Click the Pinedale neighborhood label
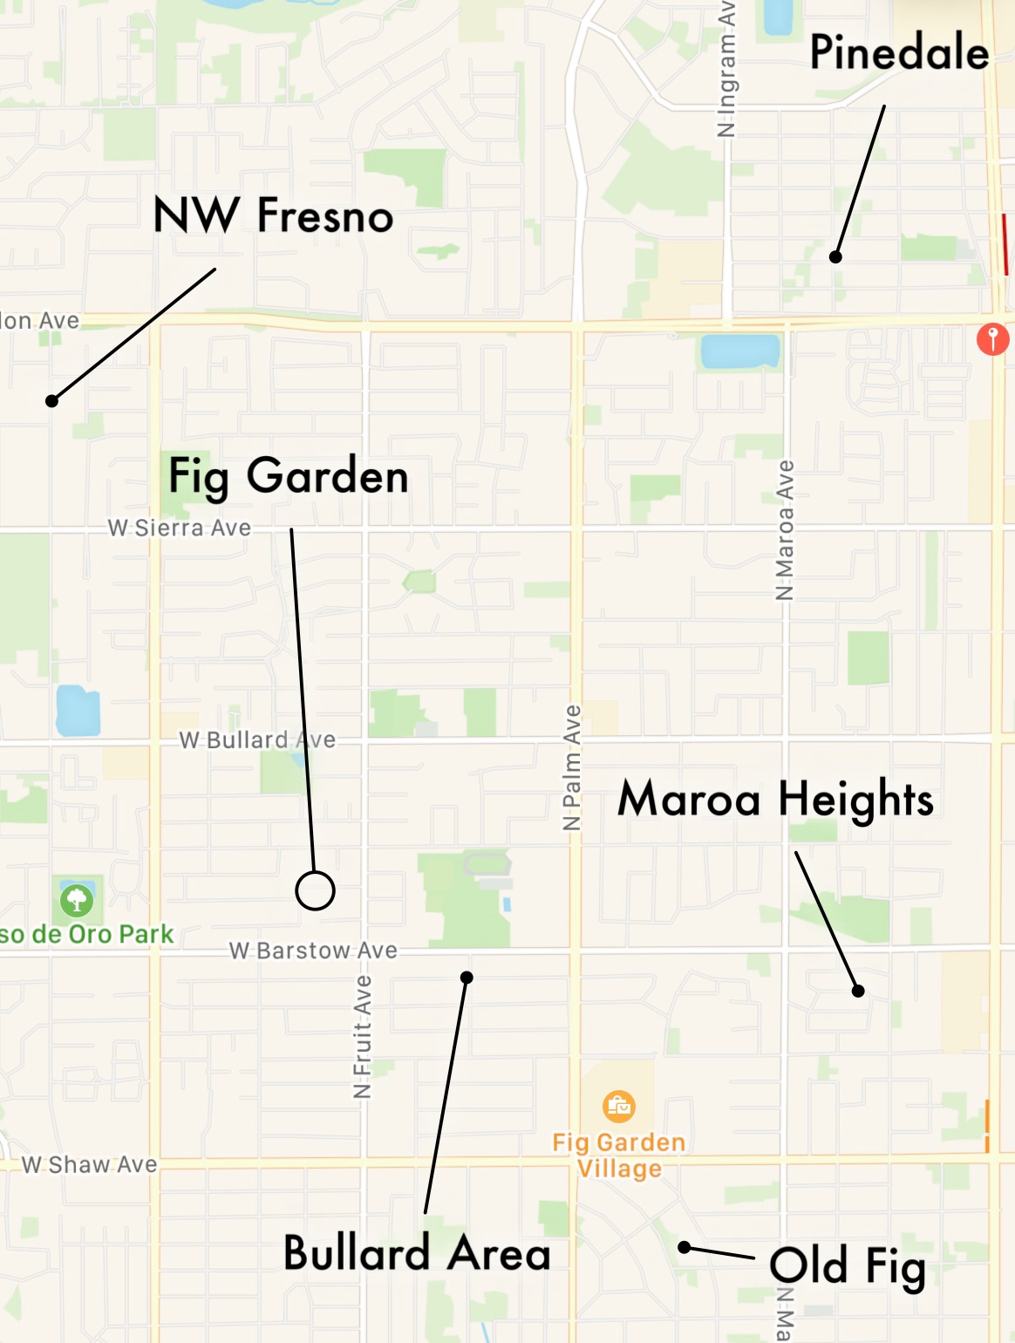899,52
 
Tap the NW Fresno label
273,215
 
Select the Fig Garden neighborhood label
288,476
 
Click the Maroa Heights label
775,799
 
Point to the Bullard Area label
417,1253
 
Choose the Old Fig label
847,1266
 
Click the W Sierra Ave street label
180,528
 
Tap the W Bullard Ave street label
257,740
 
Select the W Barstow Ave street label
313,950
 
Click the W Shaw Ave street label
90,1164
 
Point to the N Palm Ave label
572,767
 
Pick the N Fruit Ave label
363,1036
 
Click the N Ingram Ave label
726,70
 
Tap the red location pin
992,337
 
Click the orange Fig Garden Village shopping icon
619,1106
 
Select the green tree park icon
77,899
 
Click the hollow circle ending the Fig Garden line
315,890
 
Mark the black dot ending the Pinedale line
835,256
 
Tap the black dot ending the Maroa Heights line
858,991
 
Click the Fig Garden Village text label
619,1155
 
